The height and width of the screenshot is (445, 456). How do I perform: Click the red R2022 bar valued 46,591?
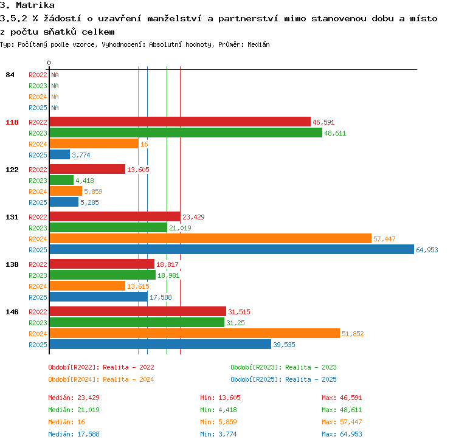(180, 122)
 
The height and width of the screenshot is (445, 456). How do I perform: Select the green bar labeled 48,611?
(186, 133)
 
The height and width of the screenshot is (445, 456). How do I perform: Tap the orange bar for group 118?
(94, 143)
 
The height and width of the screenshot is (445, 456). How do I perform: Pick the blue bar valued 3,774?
(60, 155)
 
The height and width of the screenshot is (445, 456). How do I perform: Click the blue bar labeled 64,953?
(232, 249)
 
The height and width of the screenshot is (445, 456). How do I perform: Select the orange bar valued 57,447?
(210, 238)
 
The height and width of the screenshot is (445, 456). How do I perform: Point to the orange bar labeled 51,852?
(195, 333)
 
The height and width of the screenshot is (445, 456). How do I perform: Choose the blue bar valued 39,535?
(161, 344)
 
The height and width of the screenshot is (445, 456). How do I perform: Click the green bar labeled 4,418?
(61, 180)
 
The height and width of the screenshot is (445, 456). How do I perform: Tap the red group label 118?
(12, 122)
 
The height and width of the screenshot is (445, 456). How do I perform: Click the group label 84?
(10, 75)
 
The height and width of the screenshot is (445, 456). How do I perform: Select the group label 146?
(12, 312)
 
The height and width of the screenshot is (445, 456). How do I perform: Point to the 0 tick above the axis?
(49, 63)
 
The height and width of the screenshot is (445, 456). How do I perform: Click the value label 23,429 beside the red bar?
(193, 217)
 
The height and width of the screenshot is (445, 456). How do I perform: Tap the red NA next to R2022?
(55, 75)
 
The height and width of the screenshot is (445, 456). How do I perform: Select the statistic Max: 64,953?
(342, 434)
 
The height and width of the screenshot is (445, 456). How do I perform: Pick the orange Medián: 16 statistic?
(67, 422)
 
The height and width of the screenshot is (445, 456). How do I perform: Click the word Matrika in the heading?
(35, 5)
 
